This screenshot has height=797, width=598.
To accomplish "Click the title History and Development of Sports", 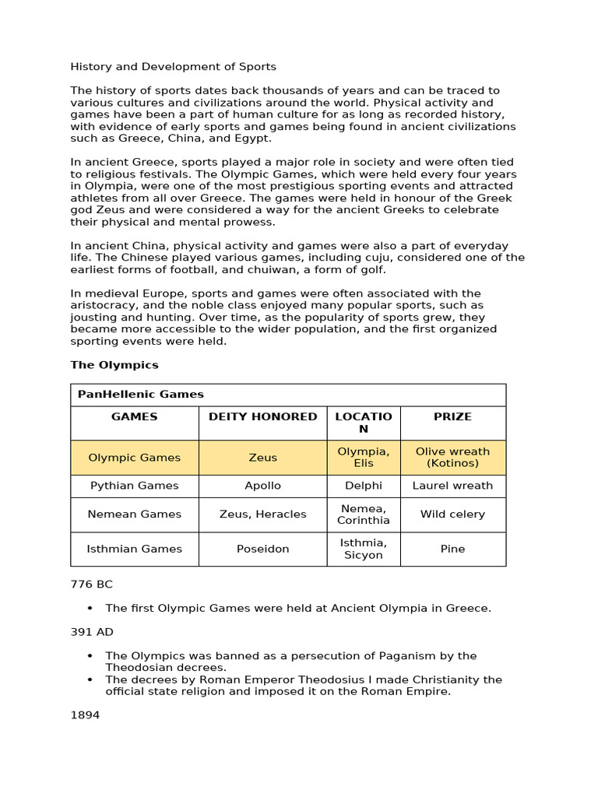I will (x=173, y=67).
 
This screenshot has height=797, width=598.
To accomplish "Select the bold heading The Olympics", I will (x=114, y=364).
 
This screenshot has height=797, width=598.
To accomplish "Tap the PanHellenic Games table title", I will (x=140, y=395).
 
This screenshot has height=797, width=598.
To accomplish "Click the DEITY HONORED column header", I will (x=262, y=416).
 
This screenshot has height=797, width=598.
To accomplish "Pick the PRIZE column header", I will (x=452, y=416).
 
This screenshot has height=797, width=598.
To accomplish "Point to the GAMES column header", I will (x=134, y=416).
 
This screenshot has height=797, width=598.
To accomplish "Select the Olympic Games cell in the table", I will (x=134, y=458).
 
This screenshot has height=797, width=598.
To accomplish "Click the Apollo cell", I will (x=262, y=486).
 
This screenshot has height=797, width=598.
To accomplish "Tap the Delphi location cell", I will (x=364, y=486).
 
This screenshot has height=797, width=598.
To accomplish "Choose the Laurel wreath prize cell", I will (x=452, y=486).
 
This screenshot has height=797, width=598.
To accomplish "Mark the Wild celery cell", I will (x=452, y=514).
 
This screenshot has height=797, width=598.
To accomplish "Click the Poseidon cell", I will (x=262, y=549).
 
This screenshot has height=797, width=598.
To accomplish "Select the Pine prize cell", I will (x=452, y=549).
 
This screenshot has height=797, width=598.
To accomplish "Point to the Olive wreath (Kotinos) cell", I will (x=452, y=458).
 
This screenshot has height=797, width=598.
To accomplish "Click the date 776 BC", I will (x=91, y=584).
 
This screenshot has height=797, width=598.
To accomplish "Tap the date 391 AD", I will (x=91, y=632).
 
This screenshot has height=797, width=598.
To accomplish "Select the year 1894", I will (x=85, y=714).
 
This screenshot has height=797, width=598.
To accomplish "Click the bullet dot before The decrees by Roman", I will (x=90, y=679).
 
